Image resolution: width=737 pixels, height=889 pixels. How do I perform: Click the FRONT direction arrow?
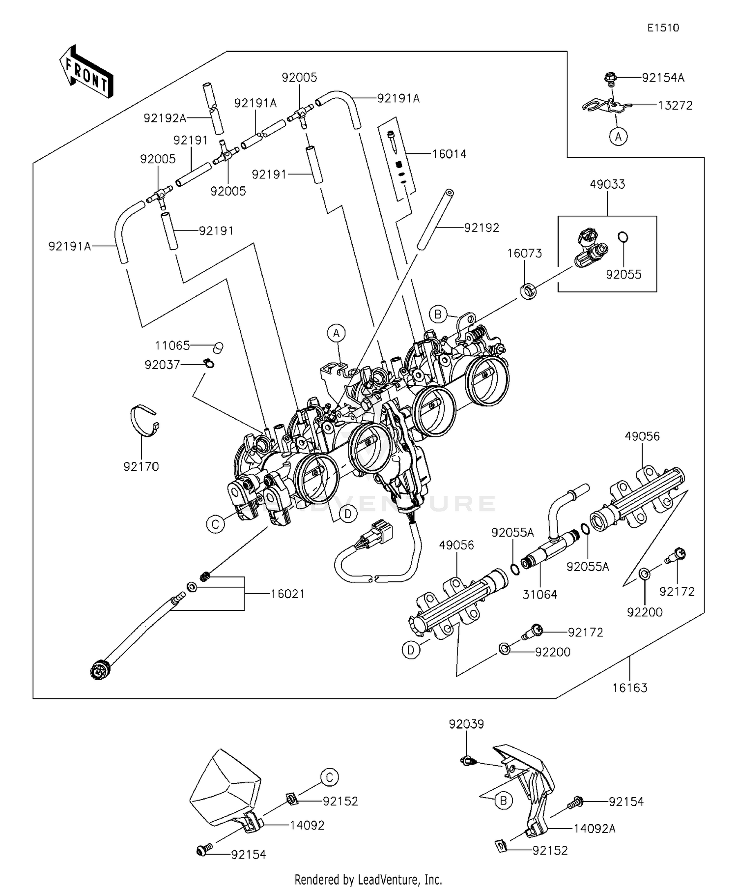86,72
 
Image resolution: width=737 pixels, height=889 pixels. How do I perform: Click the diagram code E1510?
663,28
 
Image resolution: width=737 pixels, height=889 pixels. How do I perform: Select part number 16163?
630,688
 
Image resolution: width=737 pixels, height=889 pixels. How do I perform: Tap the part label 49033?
607,184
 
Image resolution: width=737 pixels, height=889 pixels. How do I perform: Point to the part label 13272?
675,105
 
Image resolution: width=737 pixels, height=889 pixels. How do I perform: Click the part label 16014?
449,154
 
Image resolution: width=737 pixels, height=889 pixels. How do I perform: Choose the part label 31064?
539,595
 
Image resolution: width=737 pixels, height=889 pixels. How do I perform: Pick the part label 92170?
142,466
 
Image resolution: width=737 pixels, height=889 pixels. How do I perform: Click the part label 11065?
172,345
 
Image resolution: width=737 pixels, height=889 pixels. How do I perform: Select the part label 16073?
525,253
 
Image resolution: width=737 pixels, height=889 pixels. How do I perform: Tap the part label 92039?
466,724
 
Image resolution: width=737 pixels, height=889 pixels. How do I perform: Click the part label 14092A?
595,829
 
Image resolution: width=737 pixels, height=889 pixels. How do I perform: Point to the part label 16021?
287,594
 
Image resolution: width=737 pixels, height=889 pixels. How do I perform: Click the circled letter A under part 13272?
618,136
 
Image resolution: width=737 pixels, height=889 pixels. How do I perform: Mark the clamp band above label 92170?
146,421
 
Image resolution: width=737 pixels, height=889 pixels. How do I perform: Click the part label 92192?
482,228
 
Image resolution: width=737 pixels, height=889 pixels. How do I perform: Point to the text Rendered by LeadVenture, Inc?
368,879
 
